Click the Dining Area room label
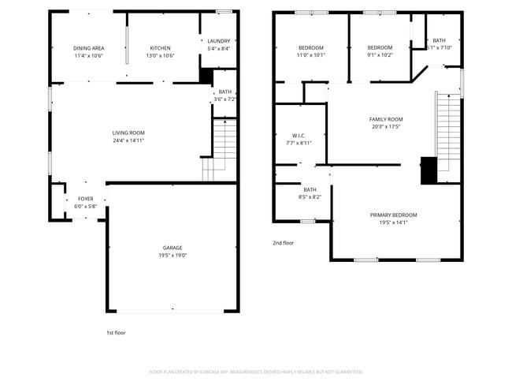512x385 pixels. [89, 48]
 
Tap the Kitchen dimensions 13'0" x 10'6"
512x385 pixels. [161, 56]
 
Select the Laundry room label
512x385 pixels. [218, 41]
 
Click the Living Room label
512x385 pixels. [128, 133]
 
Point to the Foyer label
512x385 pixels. [85, 199]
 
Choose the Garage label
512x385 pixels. [172, 248]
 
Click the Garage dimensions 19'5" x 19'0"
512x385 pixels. [172, 256]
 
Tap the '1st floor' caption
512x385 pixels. [116, 333]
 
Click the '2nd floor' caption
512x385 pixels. [284, 243]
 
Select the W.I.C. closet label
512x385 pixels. [299, 135]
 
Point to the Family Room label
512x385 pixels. [386, 119]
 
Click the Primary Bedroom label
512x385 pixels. [394, 215]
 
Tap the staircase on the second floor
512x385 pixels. [447, 126]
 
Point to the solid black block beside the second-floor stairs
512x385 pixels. [429, 170]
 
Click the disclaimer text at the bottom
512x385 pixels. [255, 371]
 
